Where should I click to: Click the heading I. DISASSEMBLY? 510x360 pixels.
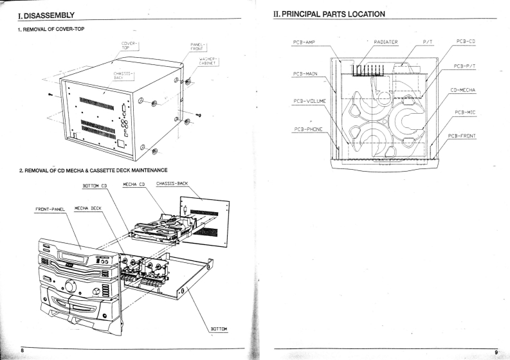(39, 14)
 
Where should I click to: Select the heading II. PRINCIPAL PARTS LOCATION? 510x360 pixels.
(329, 14)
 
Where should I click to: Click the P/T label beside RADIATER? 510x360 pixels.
(429, 43)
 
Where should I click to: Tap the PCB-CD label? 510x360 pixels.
(465, 42)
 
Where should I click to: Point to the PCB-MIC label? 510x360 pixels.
(465, 113)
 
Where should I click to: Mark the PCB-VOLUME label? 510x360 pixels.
(310, 101)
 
